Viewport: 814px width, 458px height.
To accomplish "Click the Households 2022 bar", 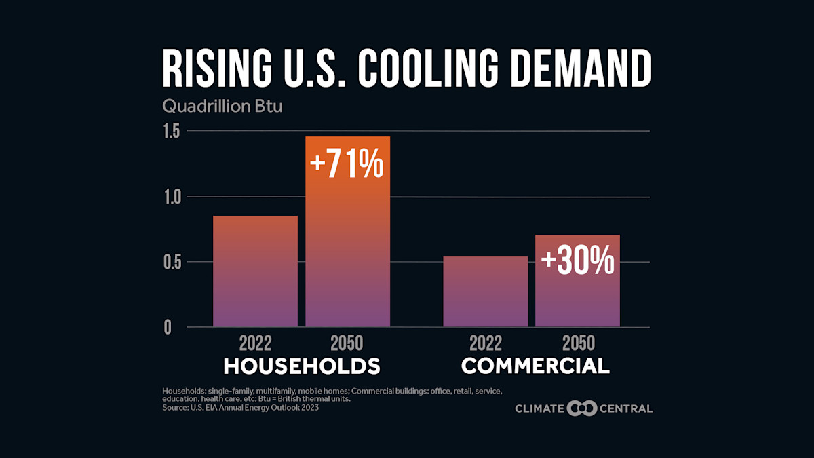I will pyautogui.click(x=255, y=271).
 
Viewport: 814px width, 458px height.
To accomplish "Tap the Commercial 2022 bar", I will pyautogui.click(x=485, y=292).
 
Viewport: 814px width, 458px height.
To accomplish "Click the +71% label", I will pyautogui.click(x=347, y=166).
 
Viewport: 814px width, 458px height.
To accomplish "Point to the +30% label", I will pyautogui.click(x=577, y=261).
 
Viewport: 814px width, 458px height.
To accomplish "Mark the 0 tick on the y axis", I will pyautogui.click(x=168, y=327).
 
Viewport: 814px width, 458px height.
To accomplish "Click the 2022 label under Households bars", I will pyautogui.click(x=256, y=343).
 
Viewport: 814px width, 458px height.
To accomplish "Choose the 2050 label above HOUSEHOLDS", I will pyautogui.click(x=347, y=343).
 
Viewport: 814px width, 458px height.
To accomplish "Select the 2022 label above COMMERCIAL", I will pyautogui.click(x=485, y=343).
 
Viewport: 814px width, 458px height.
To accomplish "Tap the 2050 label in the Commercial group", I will pyautogui.click(x=577, y=343).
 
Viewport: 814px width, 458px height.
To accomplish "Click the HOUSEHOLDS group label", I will pyautogui.click(x=302, y=366).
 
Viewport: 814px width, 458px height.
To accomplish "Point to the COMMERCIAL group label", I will pyautogui.click(x=535, y=366).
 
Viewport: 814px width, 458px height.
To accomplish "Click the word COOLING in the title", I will pyautogui.click(x=434, y=68).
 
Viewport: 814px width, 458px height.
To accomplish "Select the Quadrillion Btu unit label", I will pyautogui.click(x=212, y=107).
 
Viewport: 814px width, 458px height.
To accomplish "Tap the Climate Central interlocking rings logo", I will pyautogui.click(x=581, y=408).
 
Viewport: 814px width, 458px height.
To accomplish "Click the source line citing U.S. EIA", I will pyautogui.click(x=240, y=408).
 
